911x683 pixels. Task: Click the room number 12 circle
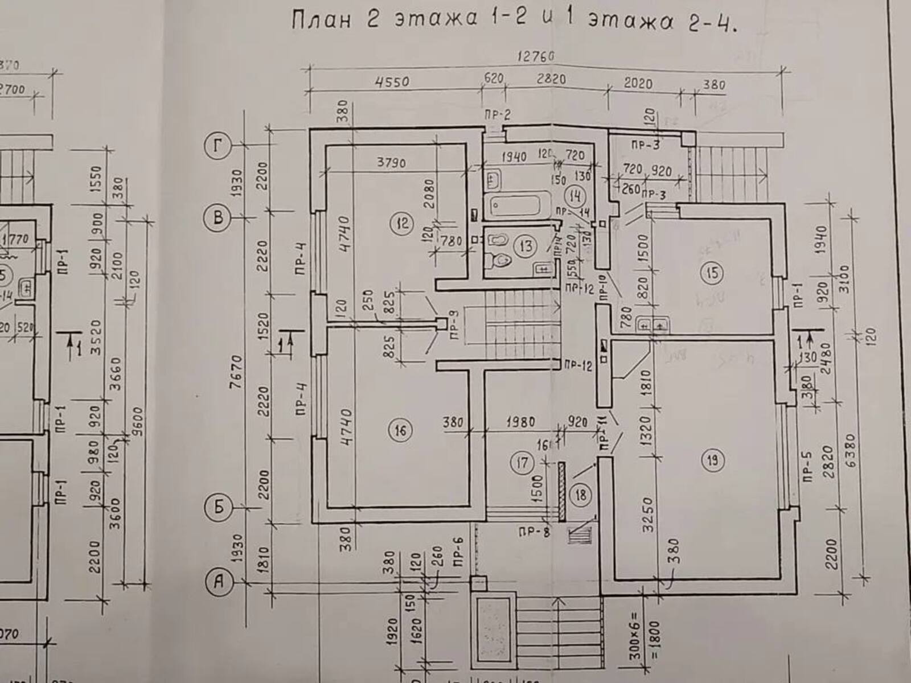click(x=403, y=223)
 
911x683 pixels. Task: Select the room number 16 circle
click(x=400, y=430)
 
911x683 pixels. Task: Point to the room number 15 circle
click(x=712, y=274)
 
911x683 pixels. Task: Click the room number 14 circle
click(x=575, y=196)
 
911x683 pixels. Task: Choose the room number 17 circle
click(x=522, y=463)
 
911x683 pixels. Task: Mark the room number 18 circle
click(x=580, y=495)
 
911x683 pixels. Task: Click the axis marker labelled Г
click(x=218, y=147)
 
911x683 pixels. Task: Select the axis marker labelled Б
click(x=219, y=507)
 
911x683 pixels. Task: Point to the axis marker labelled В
click(x=218, y=217)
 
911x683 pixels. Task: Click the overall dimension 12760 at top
click(x=536, y=57)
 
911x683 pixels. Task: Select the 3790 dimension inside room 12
click(x=391, y=163)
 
